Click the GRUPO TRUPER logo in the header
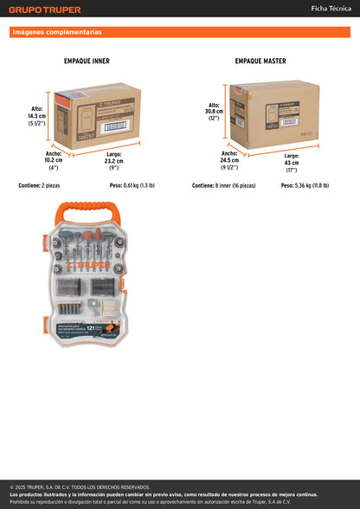click(46, 10)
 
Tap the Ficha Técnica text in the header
click(331, 9)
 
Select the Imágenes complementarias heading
click(57, 32)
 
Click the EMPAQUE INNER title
click(87, 61)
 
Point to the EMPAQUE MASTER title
click(260, 61)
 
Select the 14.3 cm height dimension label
click(36, 115)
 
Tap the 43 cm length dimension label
click(292, 163)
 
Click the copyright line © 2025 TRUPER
click(80, 487)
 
